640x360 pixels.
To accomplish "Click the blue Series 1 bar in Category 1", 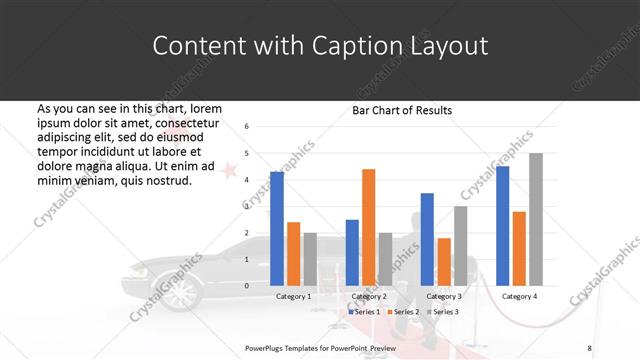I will coord(277,229).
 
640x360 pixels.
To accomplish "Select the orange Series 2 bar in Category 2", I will coord(368,227).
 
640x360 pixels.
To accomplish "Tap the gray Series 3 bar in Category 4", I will coord(535,219).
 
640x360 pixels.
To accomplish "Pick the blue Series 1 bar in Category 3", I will coord(427,239).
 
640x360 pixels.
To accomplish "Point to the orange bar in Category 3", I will coord(443,262).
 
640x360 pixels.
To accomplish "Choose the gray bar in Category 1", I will coord(309,259).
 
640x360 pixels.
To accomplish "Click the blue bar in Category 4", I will coord(502,226).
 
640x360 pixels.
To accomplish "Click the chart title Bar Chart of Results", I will coord(401,110).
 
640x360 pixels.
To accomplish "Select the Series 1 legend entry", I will coord(363,312).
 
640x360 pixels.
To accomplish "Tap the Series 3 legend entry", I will coord(444,312).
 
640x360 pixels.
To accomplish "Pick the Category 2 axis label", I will coord(369,297).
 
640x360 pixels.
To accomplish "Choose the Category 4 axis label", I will coord(519,297).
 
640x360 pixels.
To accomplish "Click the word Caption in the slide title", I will coord(338,47).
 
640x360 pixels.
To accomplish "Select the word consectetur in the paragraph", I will coord(182,122).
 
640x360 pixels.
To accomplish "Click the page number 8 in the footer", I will coord(589,347).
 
